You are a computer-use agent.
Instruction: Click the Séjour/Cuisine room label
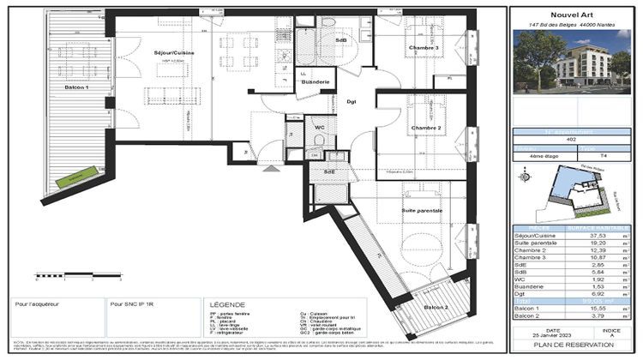point(174,53)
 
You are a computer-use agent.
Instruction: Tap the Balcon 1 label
point(75,87)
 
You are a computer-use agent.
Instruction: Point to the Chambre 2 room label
point(425,128)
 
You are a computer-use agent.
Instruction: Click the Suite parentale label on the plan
point(423,210)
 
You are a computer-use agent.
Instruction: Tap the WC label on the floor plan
point(319,129)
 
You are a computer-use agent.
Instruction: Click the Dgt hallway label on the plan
point(352,102)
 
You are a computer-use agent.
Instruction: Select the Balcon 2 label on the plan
point(436,307)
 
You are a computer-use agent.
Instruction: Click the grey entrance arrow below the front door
point(273,169)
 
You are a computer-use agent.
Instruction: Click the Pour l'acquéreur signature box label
point(37,303)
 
